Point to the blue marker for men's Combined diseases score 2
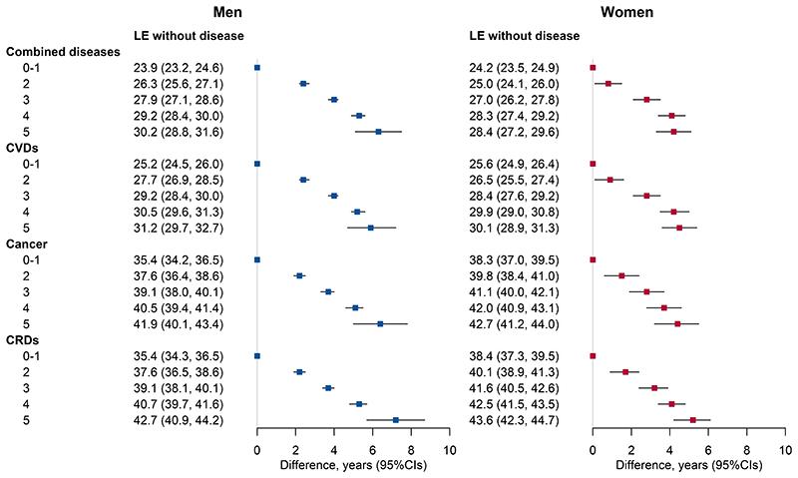pyautogui.click(x=304, y=84)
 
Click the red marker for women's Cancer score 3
pyautogui.click(x=646, y=292)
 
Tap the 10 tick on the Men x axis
pyautogui.click(x=450, y=451)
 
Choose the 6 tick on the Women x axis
pyautogui.click(x=708, y=451)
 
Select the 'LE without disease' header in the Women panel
pyautogui.click(x=523, y=36)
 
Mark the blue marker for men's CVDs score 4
pyautogui.click(x=357, y=212)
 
